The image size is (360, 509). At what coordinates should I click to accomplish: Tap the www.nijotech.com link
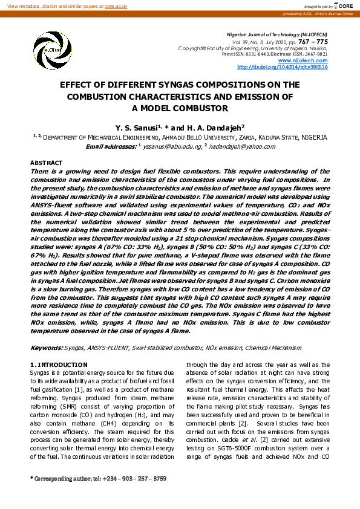[x=311, y=61]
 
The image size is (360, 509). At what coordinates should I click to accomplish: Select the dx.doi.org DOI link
[x=282, y=67]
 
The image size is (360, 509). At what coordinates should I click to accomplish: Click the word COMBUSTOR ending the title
[x=197, y=109]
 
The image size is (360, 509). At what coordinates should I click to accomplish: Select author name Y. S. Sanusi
[x=136, y=128]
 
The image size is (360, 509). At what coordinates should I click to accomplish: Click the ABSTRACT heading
[x=46, y=163]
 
